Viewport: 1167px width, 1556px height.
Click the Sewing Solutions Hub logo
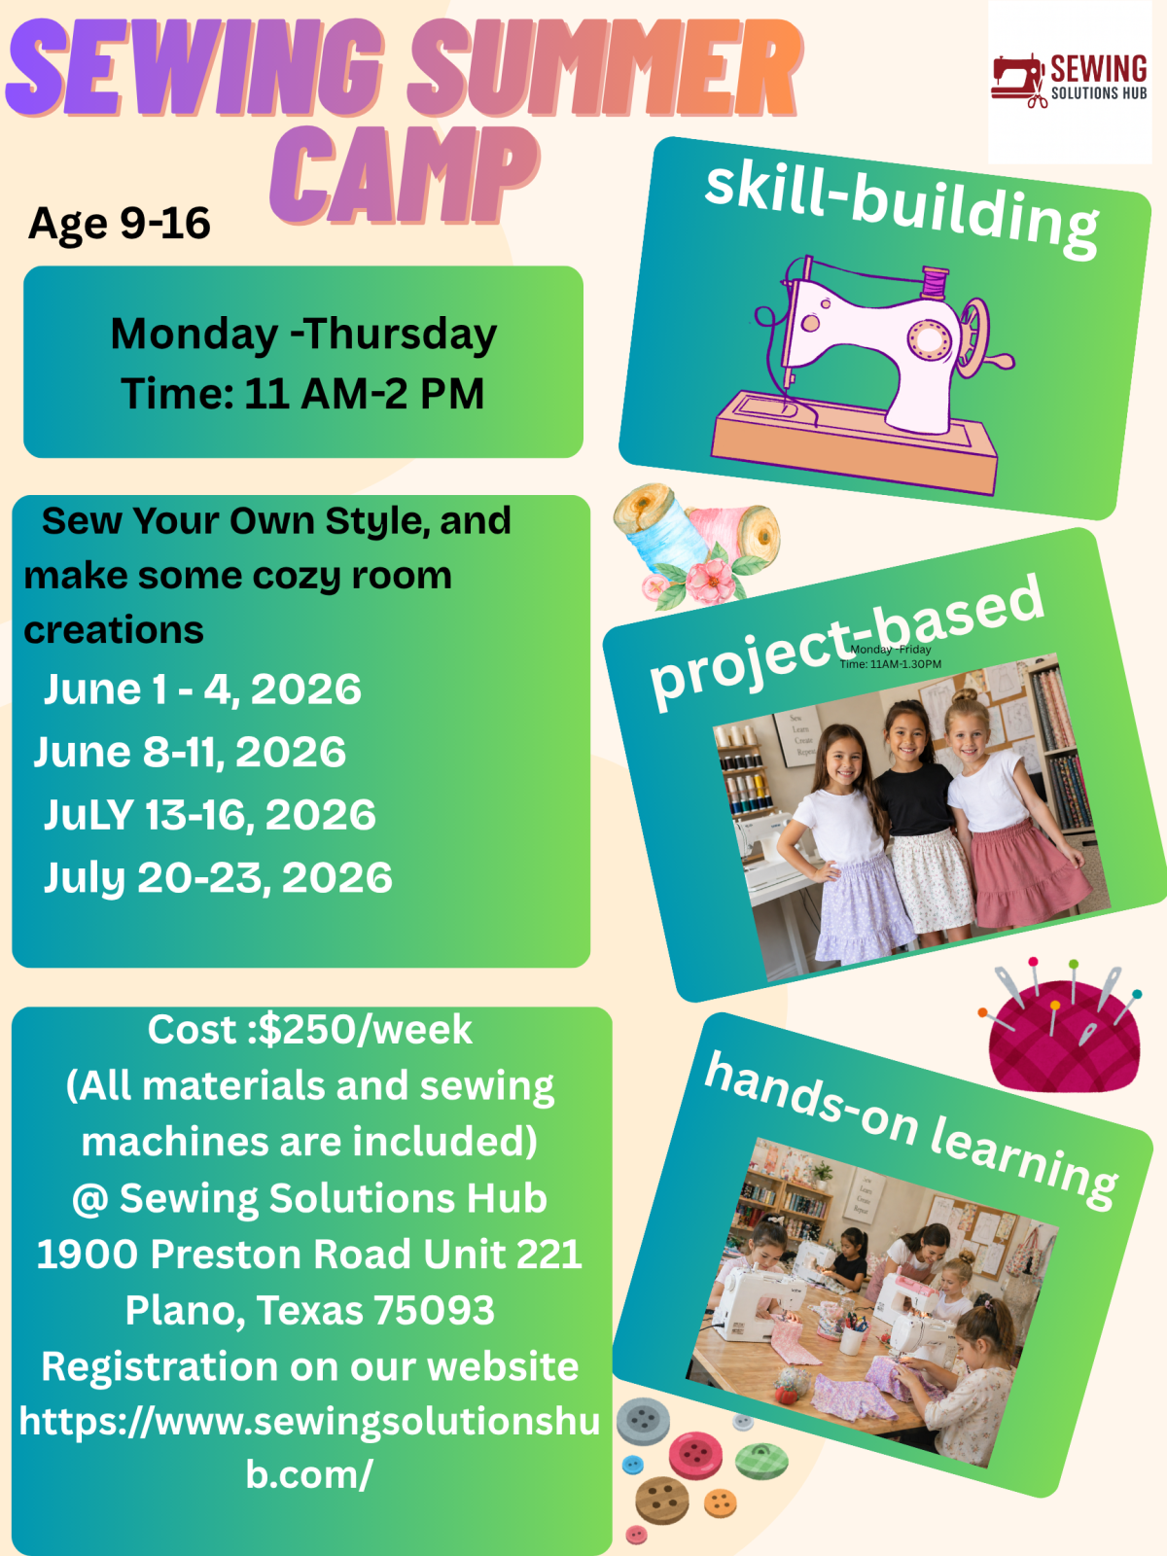1069,81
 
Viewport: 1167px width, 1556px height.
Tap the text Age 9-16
119,224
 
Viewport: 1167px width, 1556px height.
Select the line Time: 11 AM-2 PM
302,393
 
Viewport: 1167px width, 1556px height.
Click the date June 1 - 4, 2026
202,690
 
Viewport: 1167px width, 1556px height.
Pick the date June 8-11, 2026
190,752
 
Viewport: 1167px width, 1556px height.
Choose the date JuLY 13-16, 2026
210,815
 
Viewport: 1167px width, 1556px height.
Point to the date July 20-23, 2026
218,877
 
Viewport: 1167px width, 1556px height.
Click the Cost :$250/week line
309,1029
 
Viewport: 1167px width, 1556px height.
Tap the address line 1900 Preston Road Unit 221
309,1254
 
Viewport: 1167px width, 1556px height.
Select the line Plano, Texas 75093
309,1310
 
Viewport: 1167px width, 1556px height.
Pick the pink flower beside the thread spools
711,580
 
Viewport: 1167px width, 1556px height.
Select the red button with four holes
695,1454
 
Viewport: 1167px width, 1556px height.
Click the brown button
662,1500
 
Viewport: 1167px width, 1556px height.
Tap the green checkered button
761,1462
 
